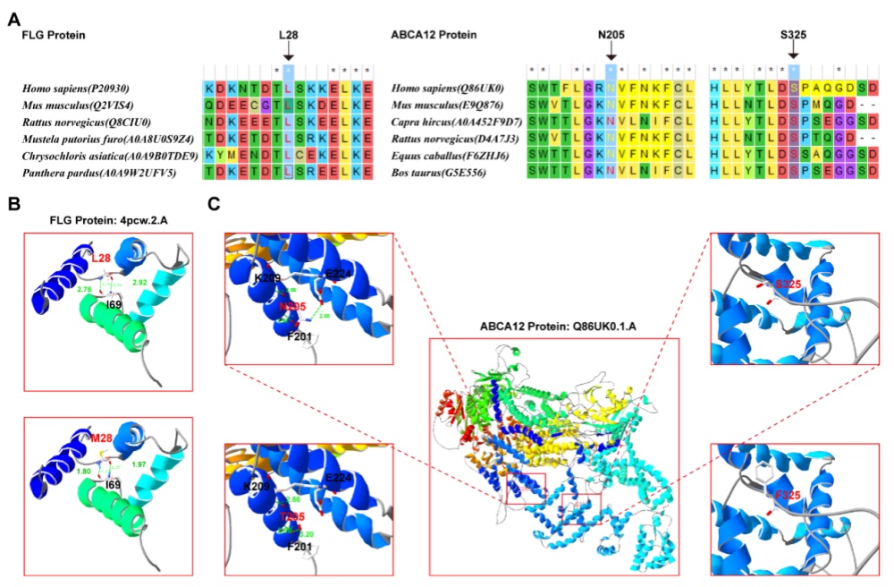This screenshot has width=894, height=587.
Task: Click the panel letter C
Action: pyautogui.click(x=212, y=204)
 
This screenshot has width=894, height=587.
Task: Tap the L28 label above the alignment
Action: pyautogui.click(x=288, y=35)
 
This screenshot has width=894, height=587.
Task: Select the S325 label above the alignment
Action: pyautogui.click(x=793, y=35)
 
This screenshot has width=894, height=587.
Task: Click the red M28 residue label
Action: pyautogui.click(x=99, y=438)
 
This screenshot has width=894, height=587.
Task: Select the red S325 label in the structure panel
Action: pyautogui.click(x=788, y=285)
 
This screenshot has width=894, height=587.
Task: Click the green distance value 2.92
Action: pyautogui.click(x=140, y=282)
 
